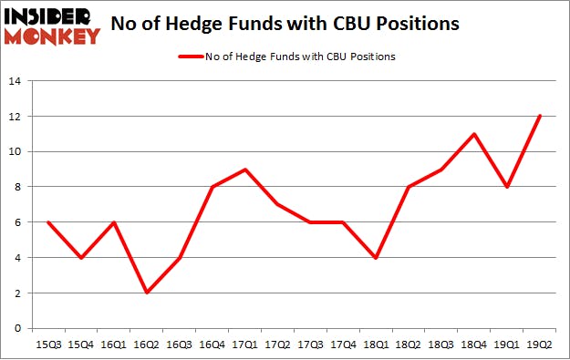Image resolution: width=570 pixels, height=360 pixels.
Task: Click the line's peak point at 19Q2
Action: [539, 116]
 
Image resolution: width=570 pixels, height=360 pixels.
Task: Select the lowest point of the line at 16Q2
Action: [147, 293]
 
